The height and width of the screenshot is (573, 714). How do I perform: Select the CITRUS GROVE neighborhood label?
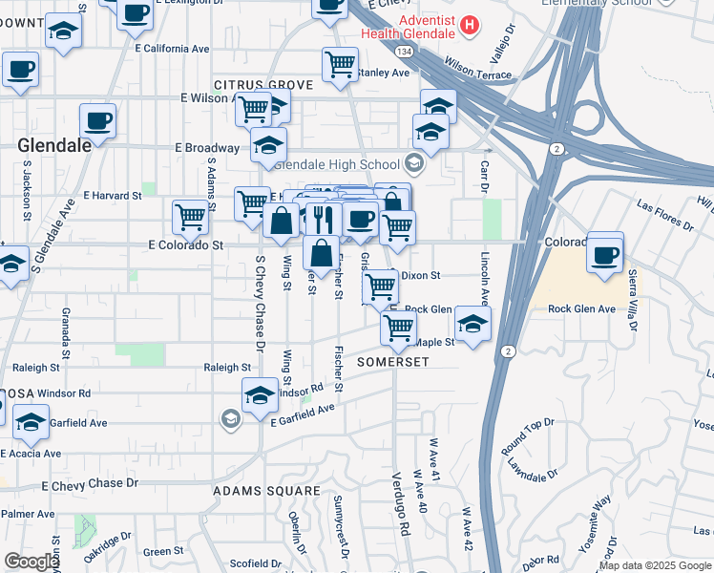tap(263, 85)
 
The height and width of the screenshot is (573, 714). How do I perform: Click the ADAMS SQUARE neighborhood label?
tap(266, 491)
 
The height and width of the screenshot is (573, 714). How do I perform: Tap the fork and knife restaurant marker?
tap(323, 218)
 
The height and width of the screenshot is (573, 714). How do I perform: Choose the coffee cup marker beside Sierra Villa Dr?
tap(605, 254)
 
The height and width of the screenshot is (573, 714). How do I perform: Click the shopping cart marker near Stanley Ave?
tap(340, 64)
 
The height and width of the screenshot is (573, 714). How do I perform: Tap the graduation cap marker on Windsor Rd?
tap(260, 393)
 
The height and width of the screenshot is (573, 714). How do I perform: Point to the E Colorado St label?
tap(186, 245)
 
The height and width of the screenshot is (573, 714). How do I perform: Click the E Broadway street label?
tap(206, 148)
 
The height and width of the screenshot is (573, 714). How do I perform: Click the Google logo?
tap(31, 562)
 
